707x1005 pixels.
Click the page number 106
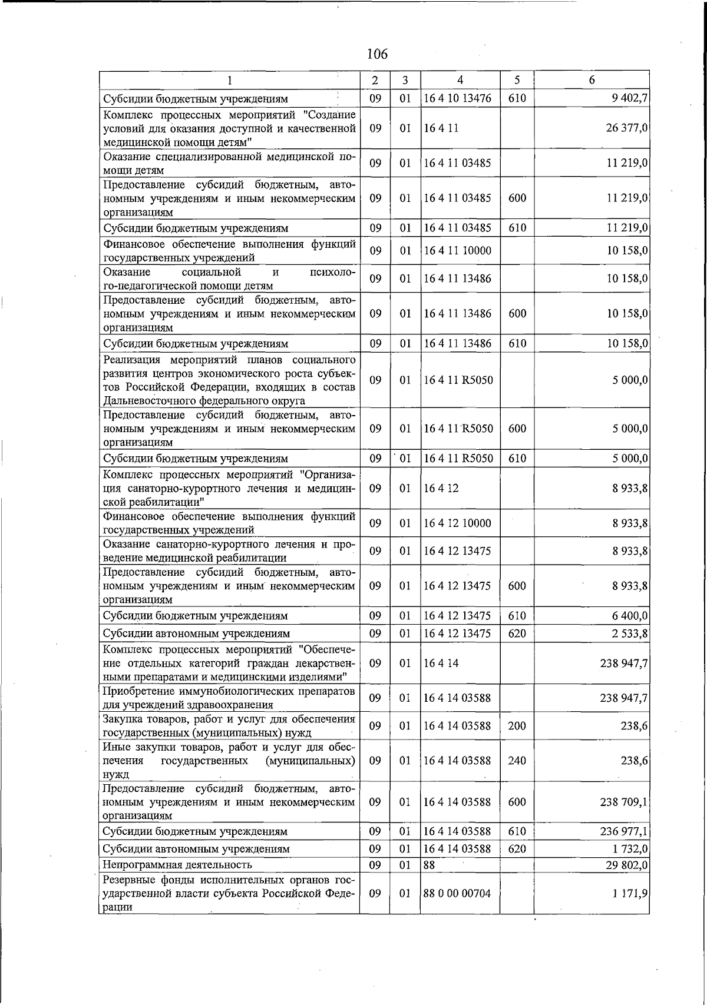coord(377,54)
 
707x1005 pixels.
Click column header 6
coord(592,81)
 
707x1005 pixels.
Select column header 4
coord(460,81)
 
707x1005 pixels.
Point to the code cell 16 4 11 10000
coord(457,251)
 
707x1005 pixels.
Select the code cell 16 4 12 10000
coord(457,523)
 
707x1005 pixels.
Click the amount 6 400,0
coord(630,616)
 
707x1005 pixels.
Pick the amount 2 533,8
coord(630,633)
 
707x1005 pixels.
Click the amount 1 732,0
coord(630,849)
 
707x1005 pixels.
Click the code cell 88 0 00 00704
coord(457,893)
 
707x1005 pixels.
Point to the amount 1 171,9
coord(630,893)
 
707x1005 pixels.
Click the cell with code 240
coord(517,761)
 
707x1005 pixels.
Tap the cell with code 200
coord(517,726)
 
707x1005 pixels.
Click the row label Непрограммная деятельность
coord(177,865)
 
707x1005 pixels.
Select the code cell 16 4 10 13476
coord(457,98)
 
